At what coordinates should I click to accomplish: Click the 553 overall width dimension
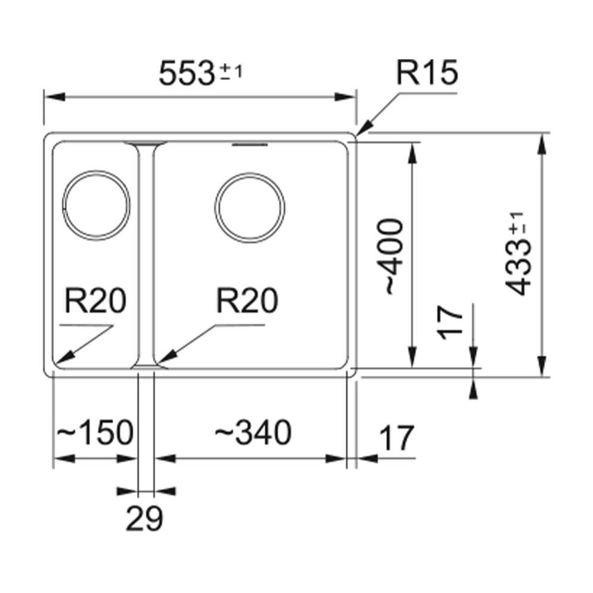(187, 74)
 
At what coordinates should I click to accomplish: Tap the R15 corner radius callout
(428, 74)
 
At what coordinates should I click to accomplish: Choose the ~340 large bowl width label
(253, 432)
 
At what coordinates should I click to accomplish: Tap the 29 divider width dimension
(144, 519)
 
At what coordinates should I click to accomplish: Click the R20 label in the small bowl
(95, 302)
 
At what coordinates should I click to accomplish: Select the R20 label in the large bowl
(247, 302)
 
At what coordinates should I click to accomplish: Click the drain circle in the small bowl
(95, 205)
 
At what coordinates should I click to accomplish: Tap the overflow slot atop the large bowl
(250, 144)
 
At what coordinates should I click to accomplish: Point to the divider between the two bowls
(146, 255)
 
